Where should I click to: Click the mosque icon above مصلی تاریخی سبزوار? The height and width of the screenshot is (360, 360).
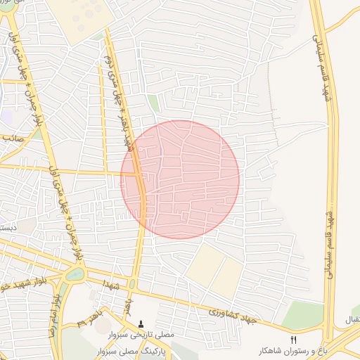(141, 324)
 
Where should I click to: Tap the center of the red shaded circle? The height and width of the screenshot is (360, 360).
(180, 179)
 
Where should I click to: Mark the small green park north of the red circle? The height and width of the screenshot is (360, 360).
(153, 105)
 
